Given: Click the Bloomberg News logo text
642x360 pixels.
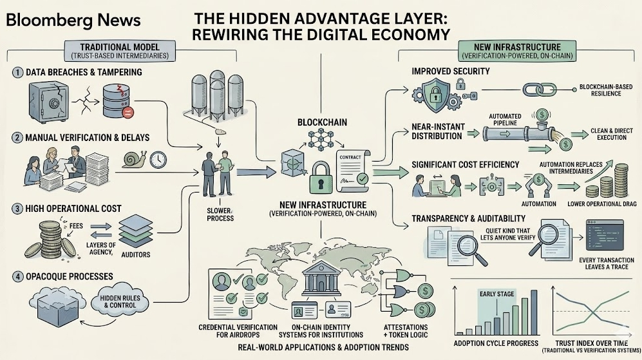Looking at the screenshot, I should (x=73, y=20).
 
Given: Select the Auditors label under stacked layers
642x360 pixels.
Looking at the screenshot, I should (x=135, y=254).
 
